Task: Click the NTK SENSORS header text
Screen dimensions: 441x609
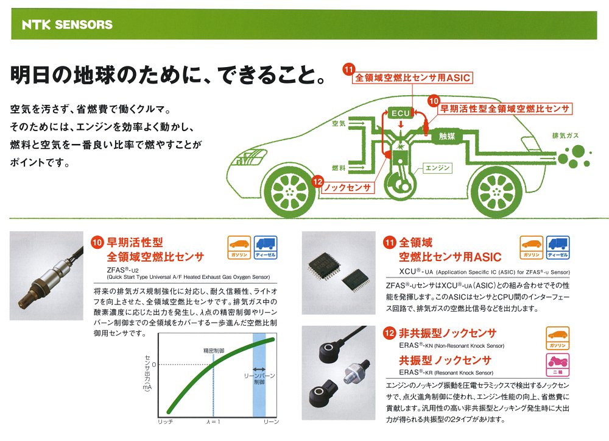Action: point(67,25)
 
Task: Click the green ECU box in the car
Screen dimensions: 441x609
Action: point(401,113)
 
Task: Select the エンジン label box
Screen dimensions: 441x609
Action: point(437,167)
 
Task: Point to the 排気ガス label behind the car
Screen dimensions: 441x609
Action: point(565,135)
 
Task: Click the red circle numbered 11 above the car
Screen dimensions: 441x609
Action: point(348,70)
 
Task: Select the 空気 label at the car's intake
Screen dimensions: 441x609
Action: point(339,124)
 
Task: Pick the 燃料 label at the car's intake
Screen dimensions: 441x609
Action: point(339,167)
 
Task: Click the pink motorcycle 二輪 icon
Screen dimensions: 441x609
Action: point(557,364)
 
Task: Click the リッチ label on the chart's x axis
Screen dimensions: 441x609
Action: point(166,422)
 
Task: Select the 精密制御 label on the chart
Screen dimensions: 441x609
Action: point(214,351)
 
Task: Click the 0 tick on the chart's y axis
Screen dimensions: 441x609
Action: point(153,364)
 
